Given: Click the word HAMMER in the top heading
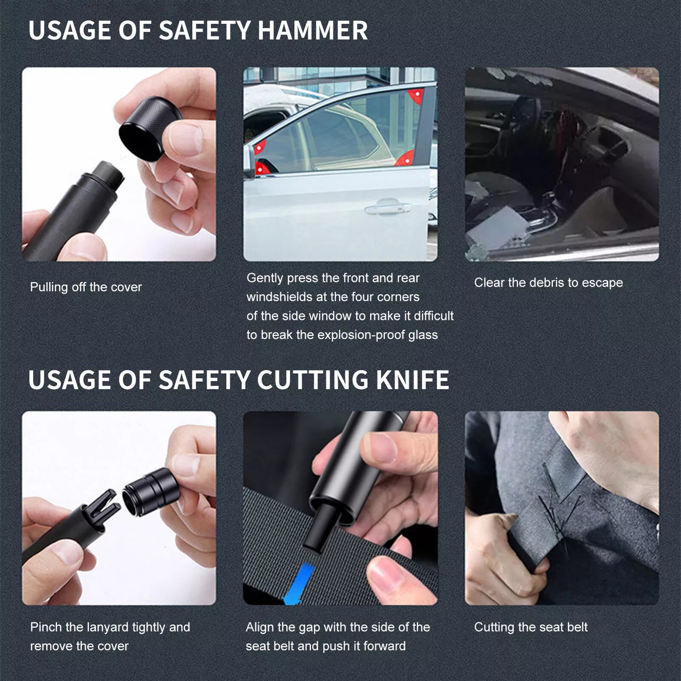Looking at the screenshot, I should pyautogui.click(x=312, y=31).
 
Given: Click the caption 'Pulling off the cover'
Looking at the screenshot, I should pyautogui.click(x=86, y=287).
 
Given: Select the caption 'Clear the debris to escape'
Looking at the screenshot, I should pyautogui.click(x=548, y=283).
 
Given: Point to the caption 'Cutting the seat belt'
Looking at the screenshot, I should pyautogui.click(x=530, y=627).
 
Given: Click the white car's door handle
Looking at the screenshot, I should pyautogui.click(x=388, y=208).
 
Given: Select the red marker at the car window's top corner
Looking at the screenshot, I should pyautogui.click(x=416, y=95).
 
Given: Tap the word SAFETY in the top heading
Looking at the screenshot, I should pyautogui.click(x=204, y=31).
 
